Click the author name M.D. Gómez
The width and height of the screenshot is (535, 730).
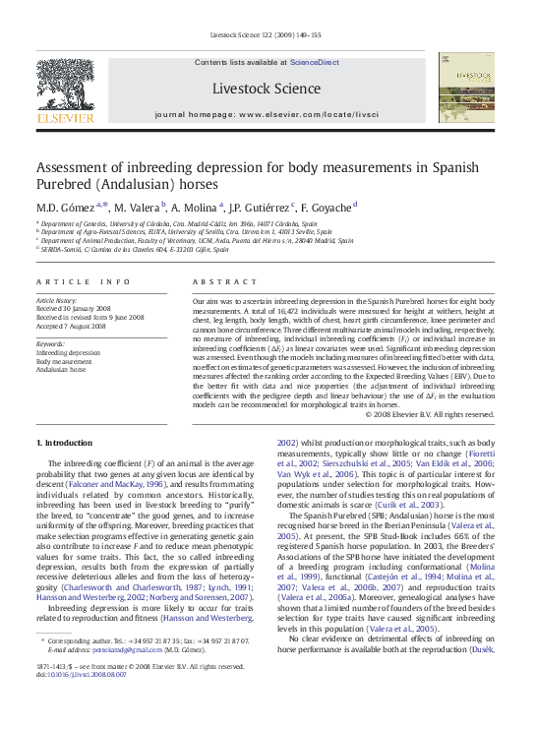pos(68,208)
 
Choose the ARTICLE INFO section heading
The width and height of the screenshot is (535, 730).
pos(83,280)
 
